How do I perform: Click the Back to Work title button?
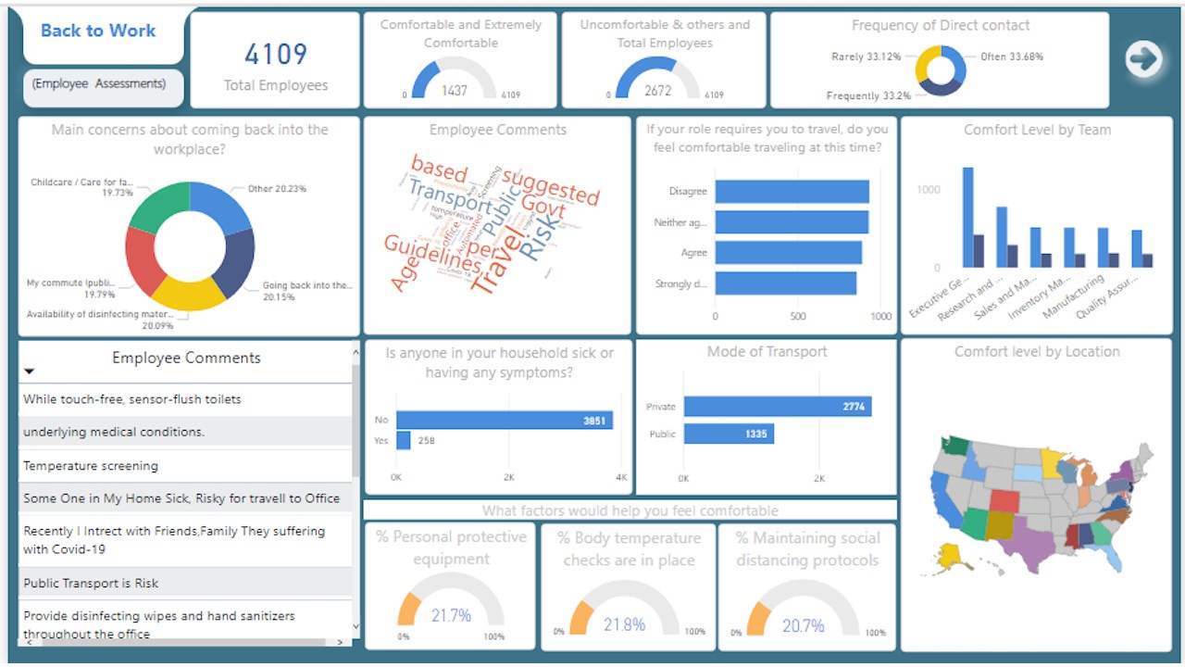tap(98, 31)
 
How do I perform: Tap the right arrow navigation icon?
tap(1144, 59)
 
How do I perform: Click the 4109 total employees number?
tap(275, 54)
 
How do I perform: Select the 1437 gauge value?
tap(455, 90)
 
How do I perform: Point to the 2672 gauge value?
tap(658, 90)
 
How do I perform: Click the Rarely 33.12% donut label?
tap(867, 57)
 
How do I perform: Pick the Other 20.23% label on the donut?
tap(277, 189)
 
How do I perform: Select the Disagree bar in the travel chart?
tap(792, 191)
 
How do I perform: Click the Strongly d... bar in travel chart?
tap(785, 283)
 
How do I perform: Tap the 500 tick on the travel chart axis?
tap(798, 316)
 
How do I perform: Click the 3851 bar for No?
tap(505, 421)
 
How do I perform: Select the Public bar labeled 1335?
tap(729, 434)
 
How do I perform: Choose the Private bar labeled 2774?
tap(778, 407)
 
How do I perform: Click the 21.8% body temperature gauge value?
tap(624, 624)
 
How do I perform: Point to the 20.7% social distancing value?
tap(803, 625)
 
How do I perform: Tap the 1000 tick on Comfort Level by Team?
tap(928, 190)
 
